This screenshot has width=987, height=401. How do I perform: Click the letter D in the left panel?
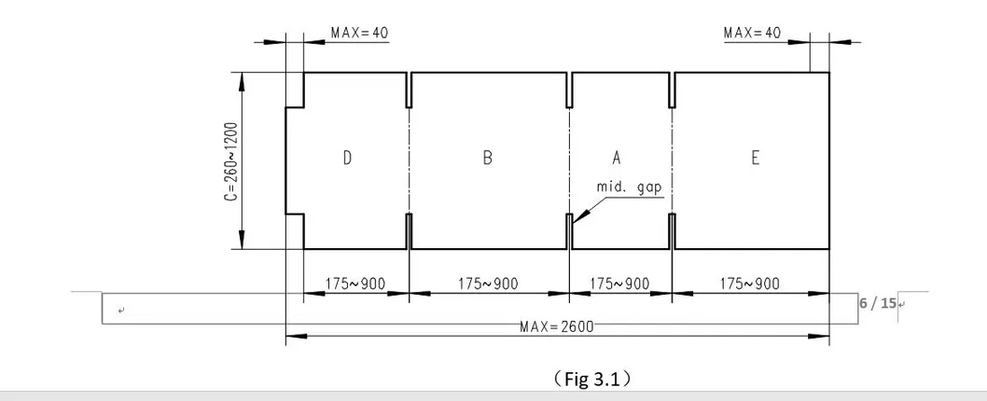(346, 159)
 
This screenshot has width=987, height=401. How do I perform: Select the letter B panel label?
(487, 159)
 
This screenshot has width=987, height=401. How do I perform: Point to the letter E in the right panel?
(755, 159)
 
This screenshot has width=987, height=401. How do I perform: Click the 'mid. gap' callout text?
(628, 187)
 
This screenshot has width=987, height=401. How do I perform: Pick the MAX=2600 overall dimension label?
(557, 326)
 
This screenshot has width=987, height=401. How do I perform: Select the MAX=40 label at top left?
(359, 33)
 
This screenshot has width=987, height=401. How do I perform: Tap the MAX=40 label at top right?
(752, 33)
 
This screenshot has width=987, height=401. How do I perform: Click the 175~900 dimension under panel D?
(354, 283)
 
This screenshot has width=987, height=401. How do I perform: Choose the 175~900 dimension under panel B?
(488, 283)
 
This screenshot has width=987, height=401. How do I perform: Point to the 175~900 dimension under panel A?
(620, 283)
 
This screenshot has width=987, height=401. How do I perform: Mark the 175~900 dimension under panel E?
(750, 283)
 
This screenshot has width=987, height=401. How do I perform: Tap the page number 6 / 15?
(877, 303)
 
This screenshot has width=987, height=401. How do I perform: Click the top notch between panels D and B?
(409, 90)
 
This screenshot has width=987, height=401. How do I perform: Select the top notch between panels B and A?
(569, 90)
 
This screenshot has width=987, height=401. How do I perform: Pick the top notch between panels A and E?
(672, 90)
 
